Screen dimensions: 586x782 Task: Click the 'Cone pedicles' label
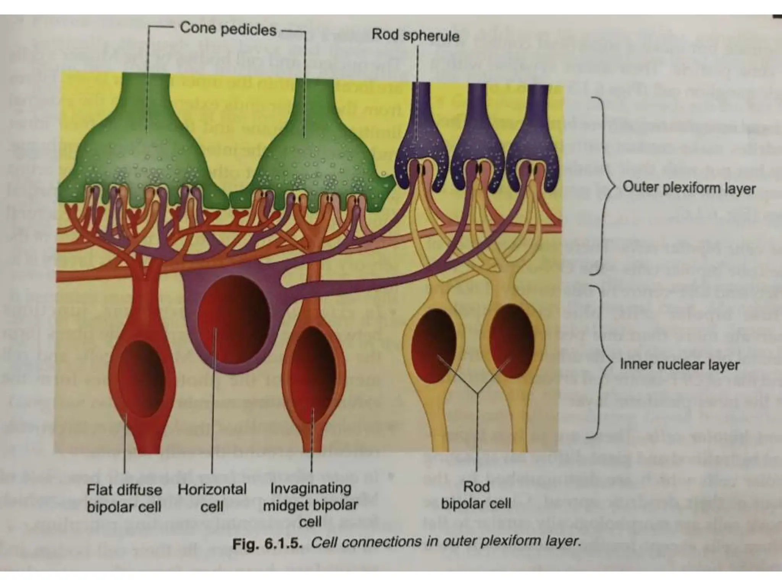click(228, 29)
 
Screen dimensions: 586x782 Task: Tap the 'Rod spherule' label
click(415, 35)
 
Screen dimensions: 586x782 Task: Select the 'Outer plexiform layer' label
click(689, 188)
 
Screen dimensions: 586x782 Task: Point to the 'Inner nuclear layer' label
click(679, 364)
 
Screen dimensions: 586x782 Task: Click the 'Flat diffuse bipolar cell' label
click(124, 498)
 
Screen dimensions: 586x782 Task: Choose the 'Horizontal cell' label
click(212, 497)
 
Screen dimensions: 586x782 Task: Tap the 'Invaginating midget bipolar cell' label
click(310, 504)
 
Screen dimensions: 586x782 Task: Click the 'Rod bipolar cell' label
click(476, 495)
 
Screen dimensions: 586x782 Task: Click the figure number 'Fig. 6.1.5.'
click(267, 543)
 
